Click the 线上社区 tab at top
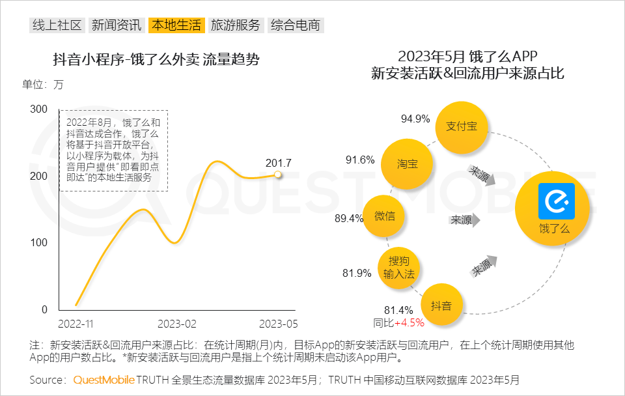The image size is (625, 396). coord(57,25)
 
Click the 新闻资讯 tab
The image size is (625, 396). coord(117,25)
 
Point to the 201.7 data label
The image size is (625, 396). coord(279,162)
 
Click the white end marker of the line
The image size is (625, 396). coord(278,175)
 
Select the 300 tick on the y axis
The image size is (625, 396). coord(40,109)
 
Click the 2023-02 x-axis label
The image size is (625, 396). coord(176,323)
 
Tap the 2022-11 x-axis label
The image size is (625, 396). coord(76,323)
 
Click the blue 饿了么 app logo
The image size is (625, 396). coord(556,201)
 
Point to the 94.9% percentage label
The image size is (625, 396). coord(415,119)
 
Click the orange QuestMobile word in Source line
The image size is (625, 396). coord(104,380)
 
